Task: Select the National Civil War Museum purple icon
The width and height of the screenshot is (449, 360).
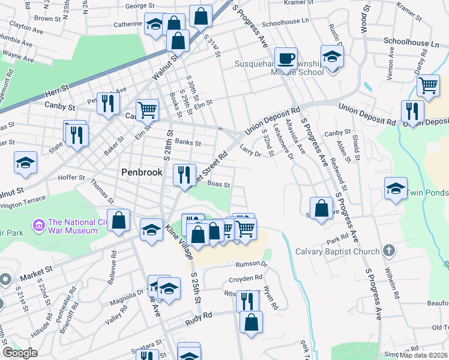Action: [39, 226]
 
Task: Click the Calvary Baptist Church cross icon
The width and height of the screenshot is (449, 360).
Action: [388, 251]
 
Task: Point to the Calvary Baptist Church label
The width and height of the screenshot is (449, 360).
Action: [337, 251]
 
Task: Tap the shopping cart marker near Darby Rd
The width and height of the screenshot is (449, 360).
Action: [427, 85]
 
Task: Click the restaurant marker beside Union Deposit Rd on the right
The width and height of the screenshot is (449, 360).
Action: [412, 111]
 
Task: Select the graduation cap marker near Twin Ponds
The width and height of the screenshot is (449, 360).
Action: [396, 188]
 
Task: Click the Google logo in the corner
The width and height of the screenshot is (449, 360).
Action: [20, 353]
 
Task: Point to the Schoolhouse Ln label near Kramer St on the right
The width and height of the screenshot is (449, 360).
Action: [412, 43]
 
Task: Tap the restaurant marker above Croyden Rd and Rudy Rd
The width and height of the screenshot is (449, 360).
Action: [247, 300]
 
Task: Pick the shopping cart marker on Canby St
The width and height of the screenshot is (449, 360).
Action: [146, 110]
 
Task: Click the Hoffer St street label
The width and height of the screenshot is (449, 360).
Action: [71, 178]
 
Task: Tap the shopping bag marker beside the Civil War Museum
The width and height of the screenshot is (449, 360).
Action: [119, 220]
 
